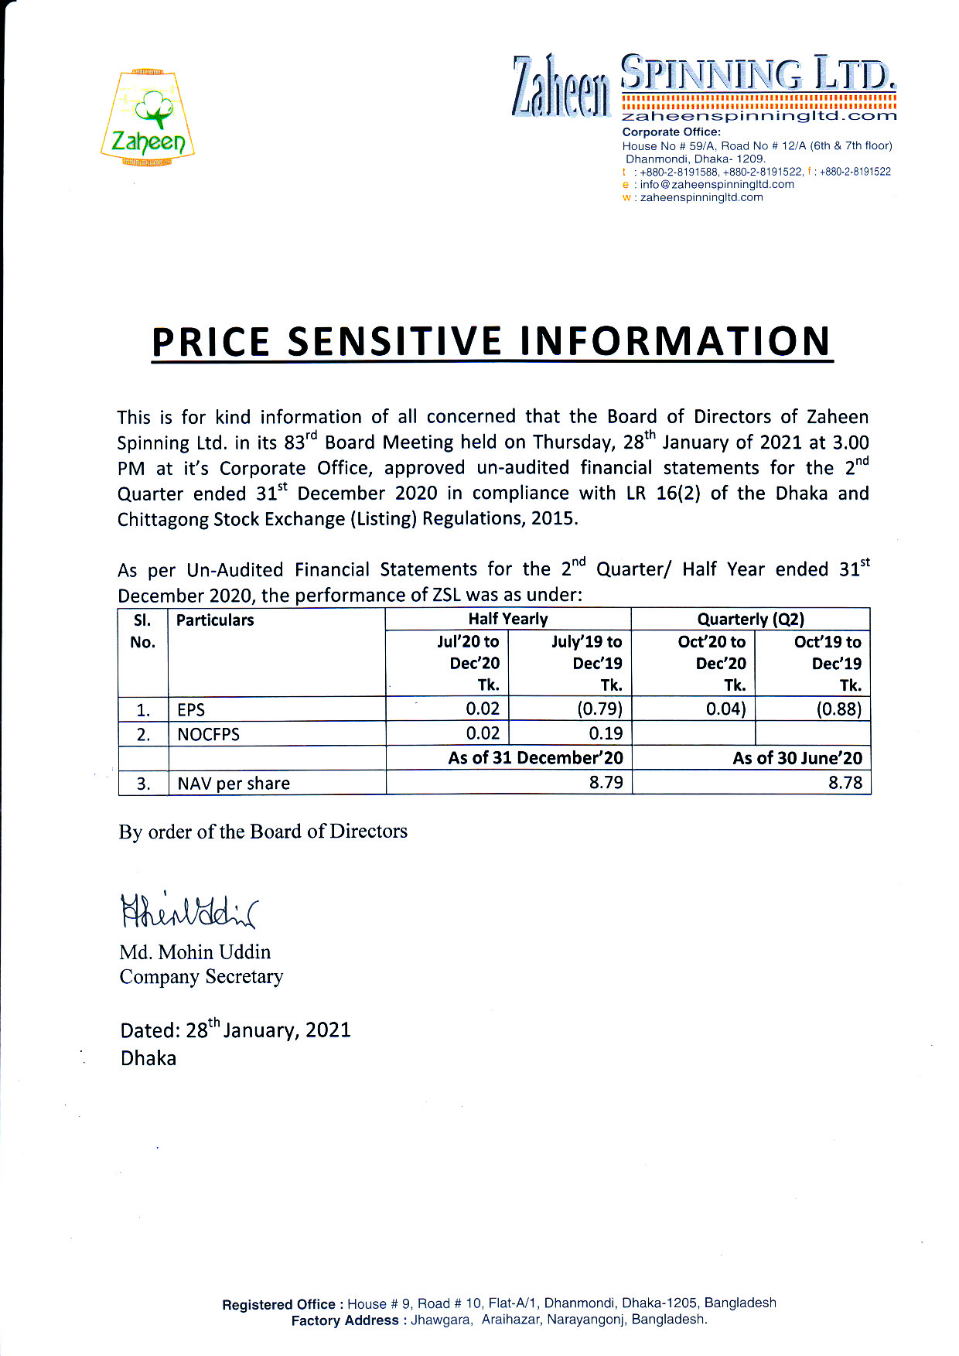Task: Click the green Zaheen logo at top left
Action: pyautogui.click(x=148, y=118)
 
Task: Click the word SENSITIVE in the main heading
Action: pyautogui.click(x=393, y=342)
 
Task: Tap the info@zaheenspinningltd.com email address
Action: pyautogui.click(x=716, y=184)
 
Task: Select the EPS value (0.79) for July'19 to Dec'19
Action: pyautogui.click(x=599, y=709)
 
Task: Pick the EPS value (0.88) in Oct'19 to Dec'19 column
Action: pyautogui.click(x=838, y=709)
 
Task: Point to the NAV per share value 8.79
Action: pyautogui.click(x=606, y=782)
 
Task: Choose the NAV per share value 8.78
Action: pyautogui.click(x=845, y=782)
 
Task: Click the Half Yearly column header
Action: pyautogui.click(x=507, y=619)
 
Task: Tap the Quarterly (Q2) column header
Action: pyautogui.click(x=750, y=619)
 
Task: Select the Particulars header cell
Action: pyautogui.click(x=215, y=620)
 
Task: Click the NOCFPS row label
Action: pyautogui.click(x=208, y=734)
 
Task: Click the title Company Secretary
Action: pyautogui.click(x=201, y=976)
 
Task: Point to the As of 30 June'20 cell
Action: pyautogui.click(x=797, y=758)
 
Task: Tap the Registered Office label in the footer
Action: pyautogui.click(x=278, y=1305)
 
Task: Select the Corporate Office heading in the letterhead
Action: pyautogui.click(x=671, y=132)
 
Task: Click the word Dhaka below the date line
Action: pyautogui.click(x=148, y=1058)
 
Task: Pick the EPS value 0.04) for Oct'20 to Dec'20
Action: pyautogui.click(x=725, y=709)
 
